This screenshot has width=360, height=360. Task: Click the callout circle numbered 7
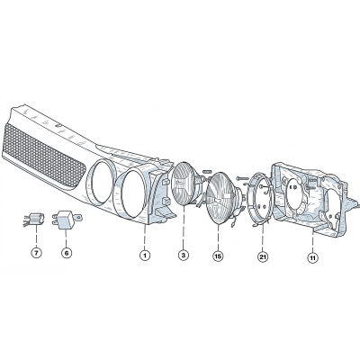36,253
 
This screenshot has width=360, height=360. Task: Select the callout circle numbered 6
67,253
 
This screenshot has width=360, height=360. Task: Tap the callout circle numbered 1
145,256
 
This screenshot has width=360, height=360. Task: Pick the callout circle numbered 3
184,256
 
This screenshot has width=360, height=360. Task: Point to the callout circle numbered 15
218,256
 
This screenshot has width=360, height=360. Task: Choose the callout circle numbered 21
263,256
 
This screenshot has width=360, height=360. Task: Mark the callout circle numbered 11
313,257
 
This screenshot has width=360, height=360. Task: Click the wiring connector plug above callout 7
33,220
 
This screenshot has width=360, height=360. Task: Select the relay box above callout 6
66,220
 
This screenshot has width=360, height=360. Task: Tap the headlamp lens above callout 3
184,184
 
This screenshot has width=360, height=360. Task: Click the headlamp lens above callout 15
220,198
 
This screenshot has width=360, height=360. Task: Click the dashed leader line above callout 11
313,242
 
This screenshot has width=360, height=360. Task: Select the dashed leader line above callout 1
145,238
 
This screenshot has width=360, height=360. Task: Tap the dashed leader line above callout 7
36,238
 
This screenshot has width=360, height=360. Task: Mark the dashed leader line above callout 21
263,238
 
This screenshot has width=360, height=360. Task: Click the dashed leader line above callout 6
66,238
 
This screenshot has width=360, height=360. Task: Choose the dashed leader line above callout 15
218,238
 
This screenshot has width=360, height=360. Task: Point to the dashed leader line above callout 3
184,228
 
